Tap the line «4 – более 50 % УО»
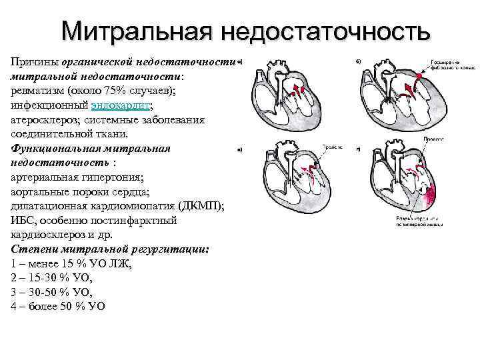[x=58, y=307]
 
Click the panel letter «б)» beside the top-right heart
[x=358, y=62]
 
